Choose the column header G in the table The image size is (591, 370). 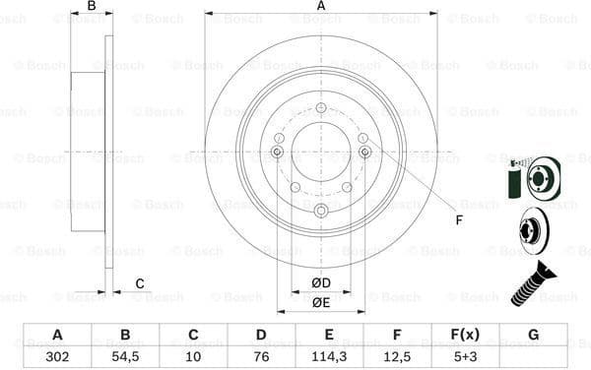[x=533, y=335]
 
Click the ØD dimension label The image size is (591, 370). [x=321, y=284]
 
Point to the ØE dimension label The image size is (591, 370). [x=321, y=303]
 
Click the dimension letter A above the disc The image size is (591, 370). [x=321, y=7]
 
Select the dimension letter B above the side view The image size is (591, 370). [x=92, y=7]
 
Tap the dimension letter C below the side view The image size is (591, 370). [x=140, y=284]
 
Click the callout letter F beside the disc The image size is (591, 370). [x=458, y=220]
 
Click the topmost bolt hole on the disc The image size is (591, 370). [x=321, y=107]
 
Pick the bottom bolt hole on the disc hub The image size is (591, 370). [x=321, y=212]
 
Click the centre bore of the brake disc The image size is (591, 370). [x=321, y=153]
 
